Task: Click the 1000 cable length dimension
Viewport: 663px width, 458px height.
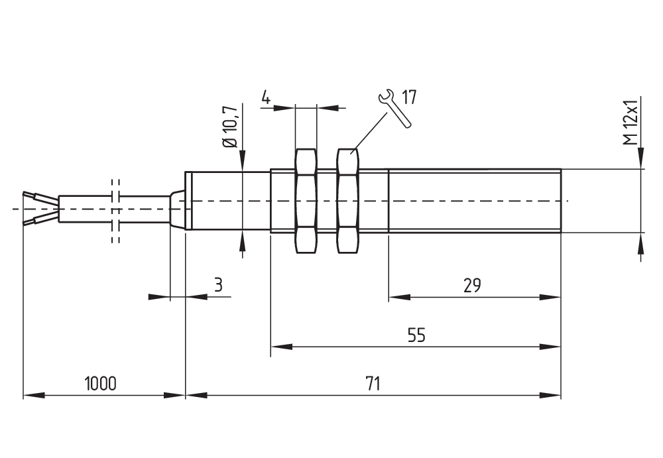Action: tap(100, 384)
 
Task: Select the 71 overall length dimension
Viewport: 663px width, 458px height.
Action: tap(373, 384)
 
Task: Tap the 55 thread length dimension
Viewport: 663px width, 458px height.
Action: tap(416, 335)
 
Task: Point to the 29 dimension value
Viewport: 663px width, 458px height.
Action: tap(472, 286)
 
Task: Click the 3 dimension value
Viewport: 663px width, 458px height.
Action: tap(218, 286)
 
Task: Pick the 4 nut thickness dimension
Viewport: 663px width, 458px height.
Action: tap(266, 98)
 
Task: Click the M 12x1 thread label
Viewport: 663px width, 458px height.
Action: tap(630, 122)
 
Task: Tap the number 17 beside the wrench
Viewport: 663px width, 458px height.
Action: tap(408, 97)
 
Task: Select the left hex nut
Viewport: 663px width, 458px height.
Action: tap(304, 201)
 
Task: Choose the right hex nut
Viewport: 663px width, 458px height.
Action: tap(348, 201)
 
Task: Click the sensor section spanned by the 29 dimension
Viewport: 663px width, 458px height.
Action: tap(474, 201)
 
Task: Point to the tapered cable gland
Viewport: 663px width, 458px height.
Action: tap(176, 209)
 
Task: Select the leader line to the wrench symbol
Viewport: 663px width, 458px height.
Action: tap(371, 129)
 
